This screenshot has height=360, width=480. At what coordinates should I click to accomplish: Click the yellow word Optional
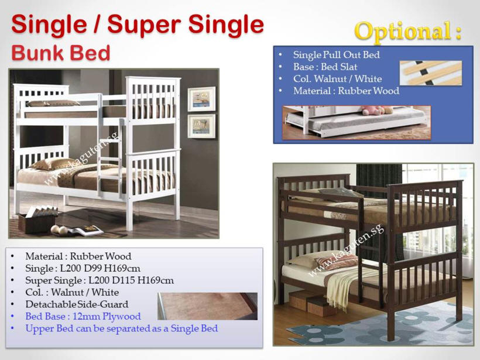[403, 31]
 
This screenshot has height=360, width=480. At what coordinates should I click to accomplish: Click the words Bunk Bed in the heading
[61, 53]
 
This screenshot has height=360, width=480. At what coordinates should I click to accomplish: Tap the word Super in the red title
[144, 24]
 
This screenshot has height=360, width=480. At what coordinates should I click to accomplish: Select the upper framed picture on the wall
[201, 99]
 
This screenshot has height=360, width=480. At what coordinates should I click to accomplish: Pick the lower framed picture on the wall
[201, 126]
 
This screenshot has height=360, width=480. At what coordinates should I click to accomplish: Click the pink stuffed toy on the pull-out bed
[373, 110]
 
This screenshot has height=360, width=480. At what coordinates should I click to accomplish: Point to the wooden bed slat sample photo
[431, 73]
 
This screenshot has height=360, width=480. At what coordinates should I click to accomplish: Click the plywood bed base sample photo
[208, 306]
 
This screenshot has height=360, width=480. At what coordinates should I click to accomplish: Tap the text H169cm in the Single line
[122, 269]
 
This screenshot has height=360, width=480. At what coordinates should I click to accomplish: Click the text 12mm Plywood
[107, 317]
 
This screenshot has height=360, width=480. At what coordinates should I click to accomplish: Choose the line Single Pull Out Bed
[337, 55]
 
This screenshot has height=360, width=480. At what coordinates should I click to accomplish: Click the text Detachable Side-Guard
[77, 304]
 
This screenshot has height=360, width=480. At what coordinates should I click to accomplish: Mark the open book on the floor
[85, 230]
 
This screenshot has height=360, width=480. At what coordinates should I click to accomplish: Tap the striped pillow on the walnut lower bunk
[336, 262]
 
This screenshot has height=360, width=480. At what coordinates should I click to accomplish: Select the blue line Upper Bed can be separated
[122, 328]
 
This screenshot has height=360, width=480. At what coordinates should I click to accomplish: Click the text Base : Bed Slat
[325, 67]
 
